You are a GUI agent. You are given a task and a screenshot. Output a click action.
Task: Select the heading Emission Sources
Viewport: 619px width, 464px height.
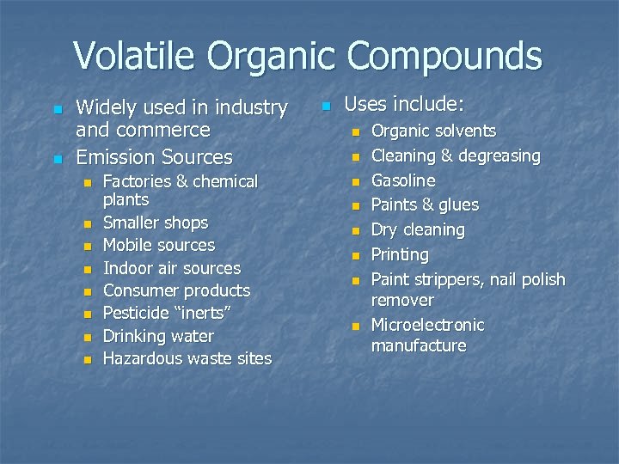point(154,157)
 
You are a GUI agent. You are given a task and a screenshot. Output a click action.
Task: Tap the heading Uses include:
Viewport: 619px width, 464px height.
point(403,105)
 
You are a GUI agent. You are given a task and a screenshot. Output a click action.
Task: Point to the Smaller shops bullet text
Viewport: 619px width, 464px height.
point(155,223)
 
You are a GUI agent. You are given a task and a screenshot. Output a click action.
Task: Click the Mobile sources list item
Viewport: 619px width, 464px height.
point(158,245)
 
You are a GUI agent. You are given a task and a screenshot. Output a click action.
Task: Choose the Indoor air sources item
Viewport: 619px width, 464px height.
point(171,268)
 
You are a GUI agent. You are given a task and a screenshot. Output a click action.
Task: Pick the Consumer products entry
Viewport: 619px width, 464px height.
point(176,290)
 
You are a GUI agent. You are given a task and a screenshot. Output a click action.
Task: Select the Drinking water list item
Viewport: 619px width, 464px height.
point(157,336)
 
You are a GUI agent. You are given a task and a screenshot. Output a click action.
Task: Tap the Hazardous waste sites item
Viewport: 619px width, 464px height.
point(187,358)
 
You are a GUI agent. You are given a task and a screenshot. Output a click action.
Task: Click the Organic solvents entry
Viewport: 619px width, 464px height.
point(432,131)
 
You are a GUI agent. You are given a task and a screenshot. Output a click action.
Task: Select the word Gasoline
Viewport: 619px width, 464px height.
point(402,181)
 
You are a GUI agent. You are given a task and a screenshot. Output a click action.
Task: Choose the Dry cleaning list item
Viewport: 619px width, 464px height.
point(417,230)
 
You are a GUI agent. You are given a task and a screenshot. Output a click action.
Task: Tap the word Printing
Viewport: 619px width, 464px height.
point(399,255)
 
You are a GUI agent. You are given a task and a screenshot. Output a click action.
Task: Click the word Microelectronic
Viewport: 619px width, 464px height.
point(427,326)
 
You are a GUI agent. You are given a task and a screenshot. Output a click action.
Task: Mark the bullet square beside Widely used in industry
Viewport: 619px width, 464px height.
point(57,110)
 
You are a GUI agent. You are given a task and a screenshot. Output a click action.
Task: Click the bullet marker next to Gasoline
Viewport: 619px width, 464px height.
point(353,182)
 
